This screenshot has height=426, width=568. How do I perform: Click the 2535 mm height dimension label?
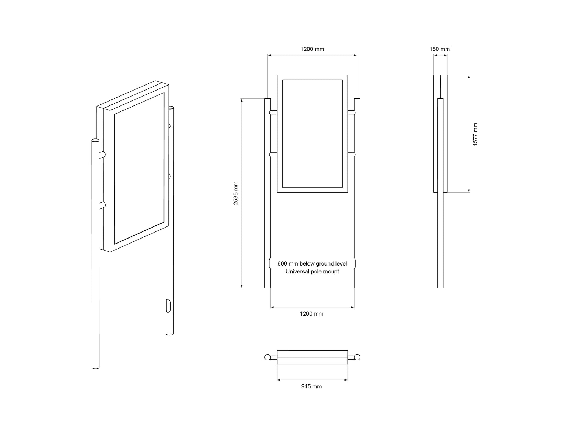coord(235,193)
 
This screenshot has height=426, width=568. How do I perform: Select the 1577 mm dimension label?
coord(475,134)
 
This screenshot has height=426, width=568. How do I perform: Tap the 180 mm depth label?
coord(439,49)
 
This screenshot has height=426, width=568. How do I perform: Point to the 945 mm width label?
coord(311,387)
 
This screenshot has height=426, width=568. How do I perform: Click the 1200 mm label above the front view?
coord(312,49)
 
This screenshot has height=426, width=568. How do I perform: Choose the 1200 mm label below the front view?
coord(312,314)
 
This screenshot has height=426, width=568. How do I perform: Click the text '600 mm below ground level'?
coord(312,263)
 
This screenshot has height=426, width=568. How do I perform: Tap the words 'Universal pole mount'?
coord(312,271)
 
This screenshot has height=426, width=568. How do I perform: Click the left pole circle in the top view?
coord(268,357)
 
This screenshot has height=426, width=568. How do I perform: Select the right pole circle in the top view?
coord(357,357)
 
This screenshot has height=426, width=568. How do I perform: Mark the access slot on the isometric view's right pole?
coord(168,306)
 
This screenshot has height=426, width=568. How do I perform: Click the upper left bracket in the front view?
coord(273,113)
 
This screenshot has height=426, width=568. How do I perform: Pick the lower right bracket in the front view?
coord(351,155)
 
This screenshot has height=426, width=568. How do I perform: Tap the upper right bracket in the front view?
coord(351,113)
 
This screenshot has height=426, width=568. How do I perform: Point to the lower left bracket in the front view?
coord(273,155)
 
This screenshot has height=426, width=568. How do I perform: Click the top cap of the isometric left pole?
coord(95,141)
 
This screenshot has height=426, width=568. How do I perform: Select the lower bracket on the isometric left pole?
coord(102,206)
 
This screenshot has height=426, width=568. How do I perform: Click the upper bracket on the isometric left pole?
coord(102,155)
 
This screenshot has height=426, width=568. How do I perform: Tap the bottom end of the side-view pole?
coord(440,287)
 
